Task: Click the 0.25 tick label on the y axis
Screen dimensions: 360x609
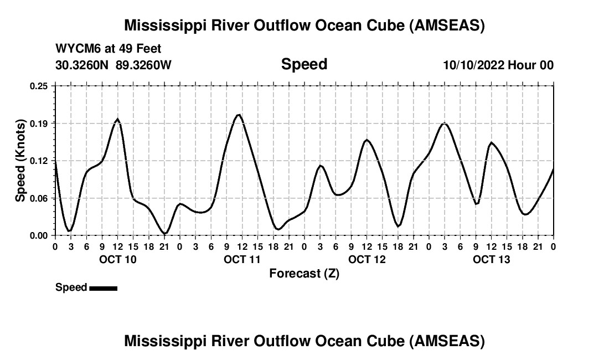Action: tap(39, 86)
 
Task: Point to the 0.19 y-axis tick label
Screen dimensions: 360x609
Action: tap(39, 123)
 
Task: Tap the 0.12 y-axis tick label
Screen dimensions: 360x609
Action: tap(39, 161)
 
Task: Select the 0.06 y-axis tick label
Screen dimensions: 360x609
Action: tap(39, 198)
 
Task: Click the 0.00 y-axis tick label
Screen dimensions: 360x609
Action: tap(39, 235)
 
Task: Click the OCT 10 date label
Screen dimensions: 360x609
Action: tap(117, 259)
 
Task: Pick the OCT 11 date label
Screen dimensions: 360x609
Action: tap(242, 259)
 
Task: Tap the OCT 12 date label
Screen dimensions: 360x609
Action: tap(367, 259)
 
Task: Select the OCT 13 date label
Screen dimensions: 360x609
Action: tap(491, 259)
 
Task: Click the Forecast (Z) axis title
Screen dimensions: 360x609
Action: tap(304, 274)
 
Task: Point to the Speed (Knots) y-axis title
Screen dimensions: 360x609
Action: tap(20, 161)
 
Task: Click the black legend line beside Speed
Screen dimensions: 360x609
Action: tap(103, 288)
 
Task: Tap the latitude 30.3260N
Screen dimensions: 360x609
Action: tap(82, 65)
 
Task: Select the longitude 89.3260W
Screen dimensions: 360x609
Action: tap(144, 65)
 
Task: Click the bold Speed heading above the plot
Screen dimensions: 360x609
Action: tap(304, 64)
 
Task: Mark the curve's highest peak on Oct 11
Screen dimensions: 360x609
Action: tap(239, 115)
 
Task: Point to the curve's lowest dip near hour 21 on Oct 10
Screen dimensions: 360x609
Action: tap(164, 233)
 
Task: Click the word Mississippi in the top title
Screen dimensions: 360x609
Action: tap(166, 25)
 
